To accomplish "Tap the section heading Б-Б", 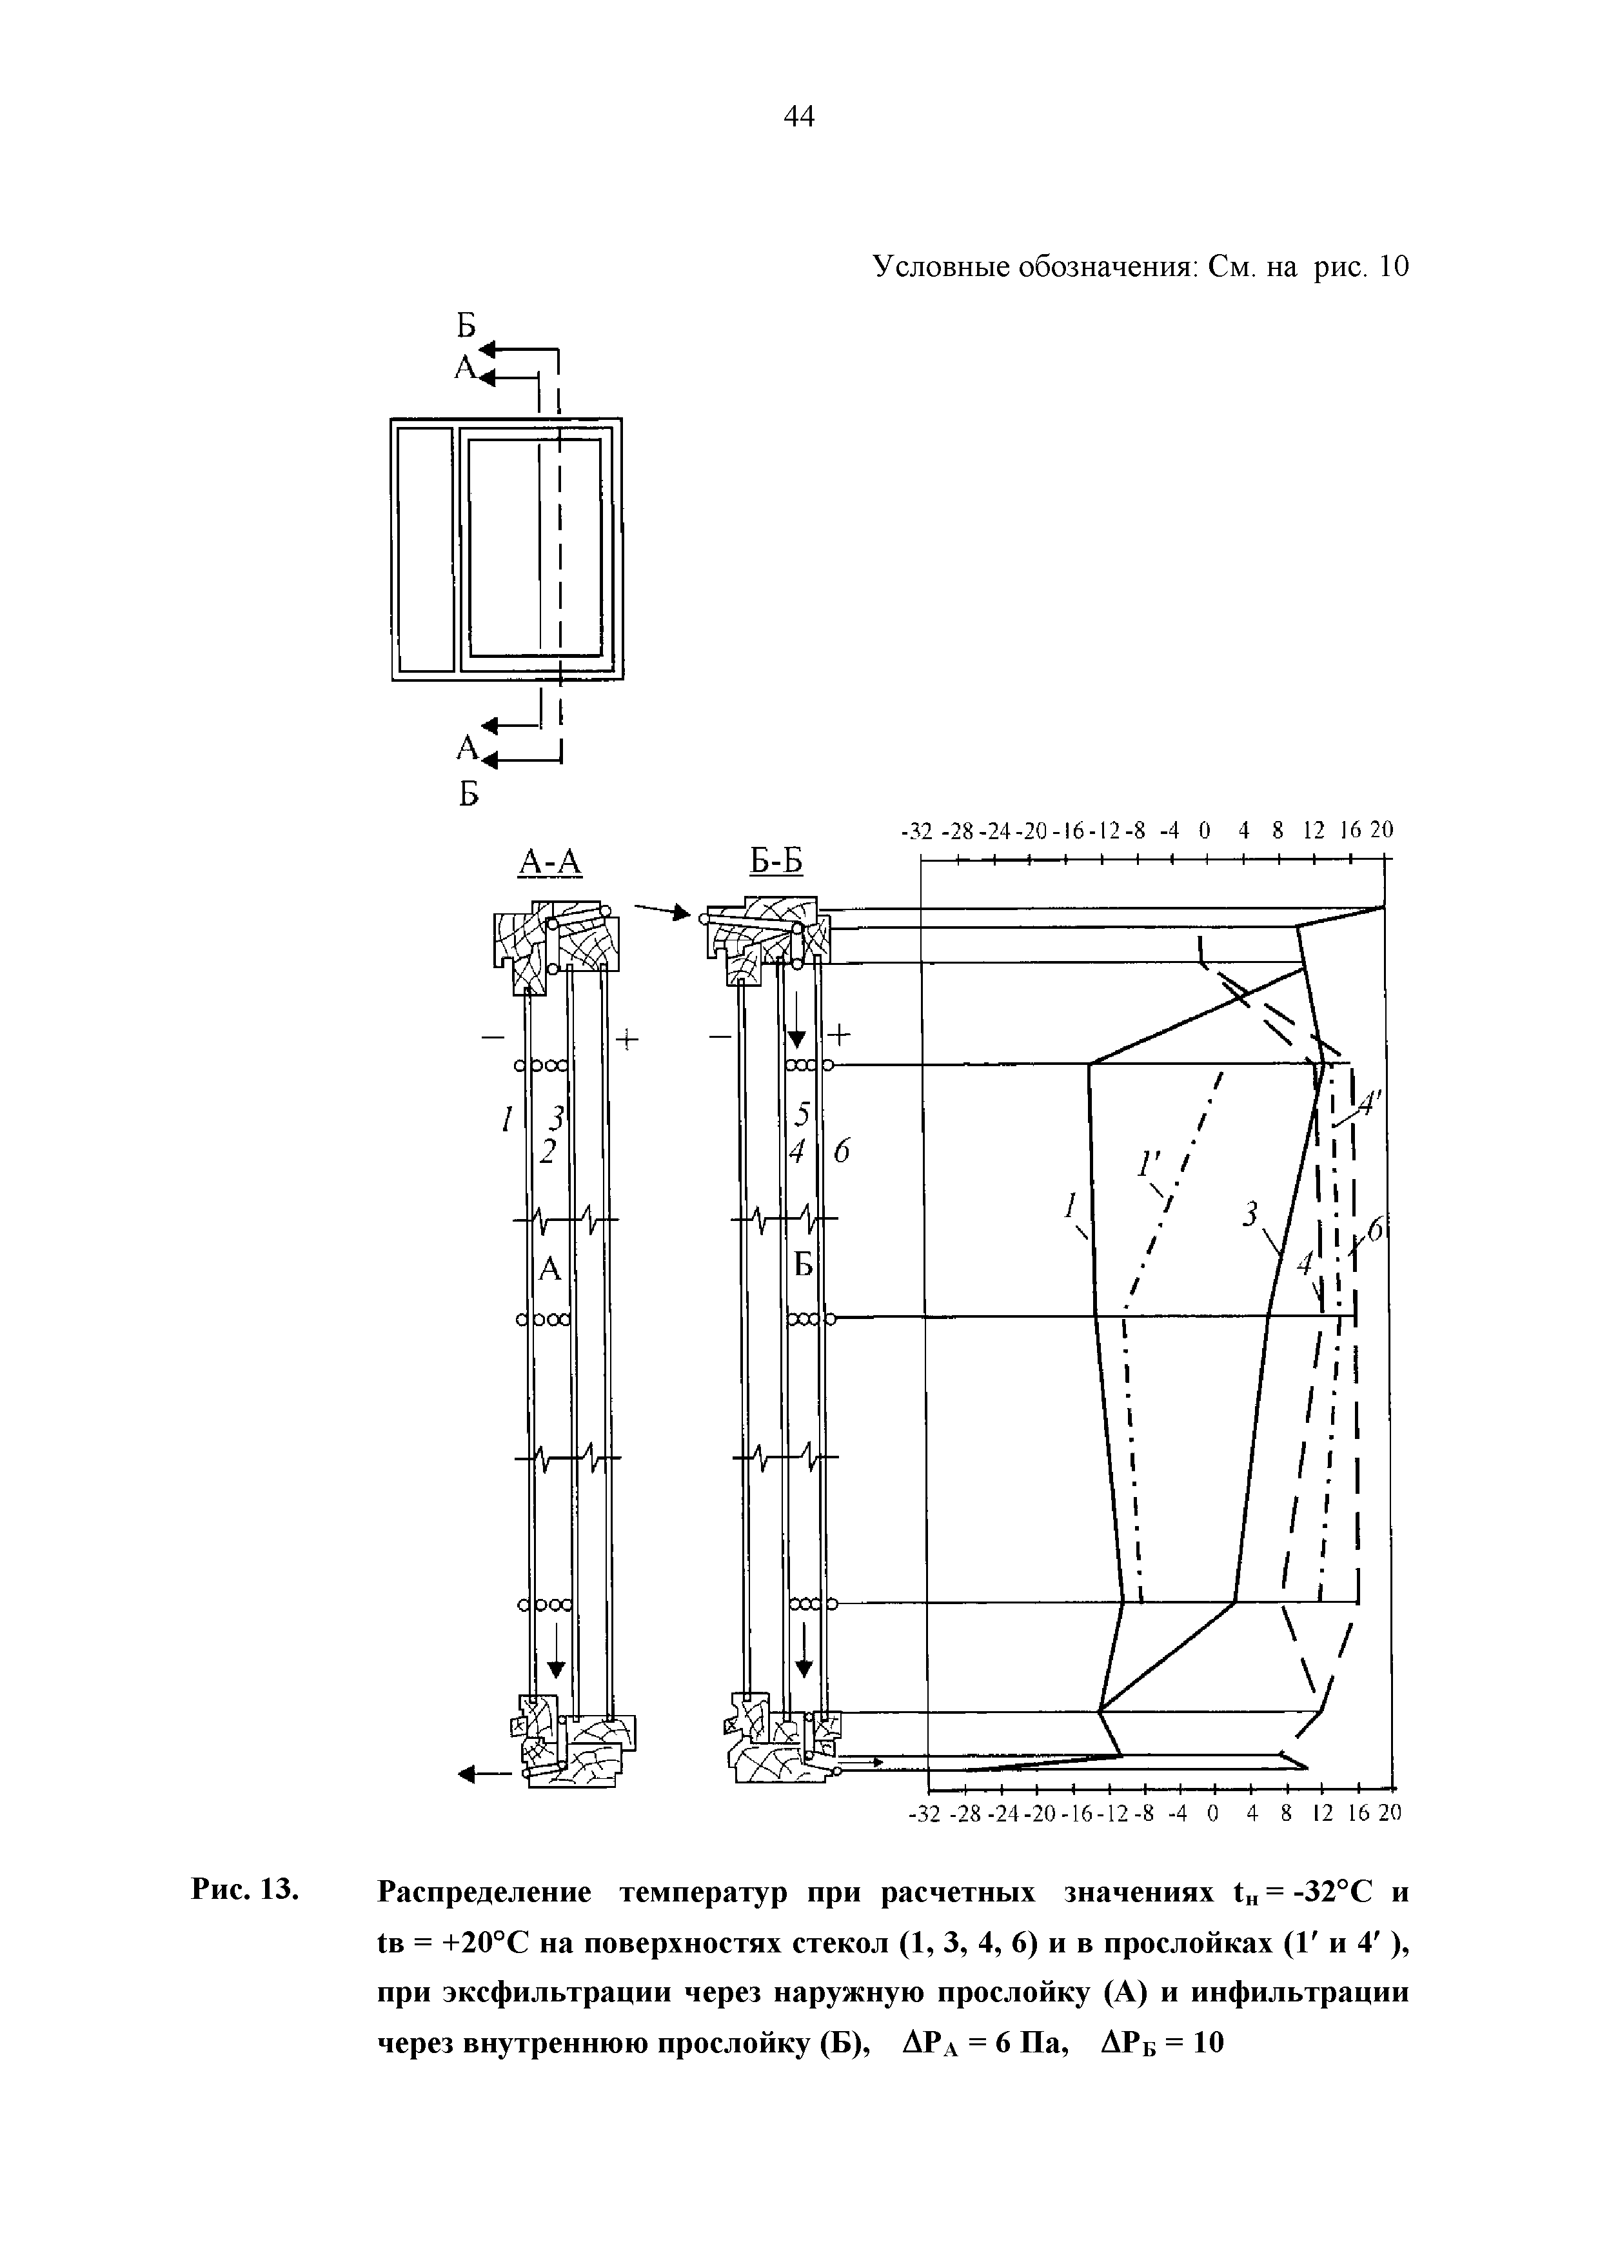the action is pyautogui.click(x=777, y=862).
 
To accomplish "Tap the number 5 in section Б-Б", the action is pyautogui.click(x=803, y=1115).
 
